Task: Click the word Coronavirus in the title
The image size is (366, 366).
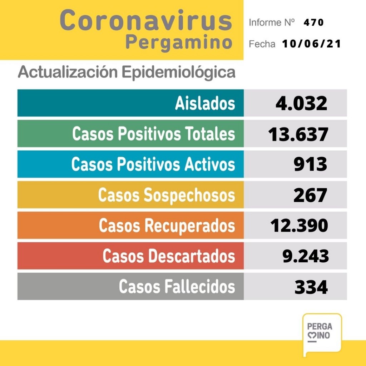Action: coord(146,21)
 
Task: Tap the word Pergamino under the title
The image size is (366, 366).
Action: coord(178,43)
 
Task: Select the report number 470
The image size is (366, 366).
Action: coord(313,23)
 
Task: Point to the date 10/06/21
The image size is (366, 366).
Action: coord(311,44)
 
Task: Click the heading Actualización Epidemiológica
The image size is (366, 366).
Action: coord(127,72)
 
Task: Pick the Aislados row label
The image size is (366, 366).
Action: coord(205,103)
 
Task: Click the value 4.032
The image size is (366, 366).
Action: coord(301,103)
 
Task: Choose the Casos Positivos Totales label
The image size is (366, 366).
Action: coord(154,134)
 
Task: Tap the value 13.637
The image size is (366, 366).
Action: coord(298,134)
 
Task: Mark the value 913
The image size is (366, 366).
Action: coord(310,164)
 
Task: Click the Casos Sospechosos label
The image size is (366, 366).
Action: coord(167,195)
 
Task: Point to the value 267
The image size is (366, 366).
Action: coord(310,195)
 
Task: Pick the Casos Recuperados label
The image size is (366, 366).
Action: coord(167,226)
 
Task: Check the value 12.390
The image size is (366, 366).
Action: coord(299,226)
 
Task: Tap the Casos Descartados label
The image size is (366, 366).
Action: coord(169,256)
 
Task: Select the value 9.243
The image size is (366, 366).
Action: coord(305,256)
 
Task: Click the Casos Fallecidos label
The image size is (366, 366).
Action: coord(177,287)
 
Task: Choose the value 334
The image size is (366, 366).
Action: coord(311,287)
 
